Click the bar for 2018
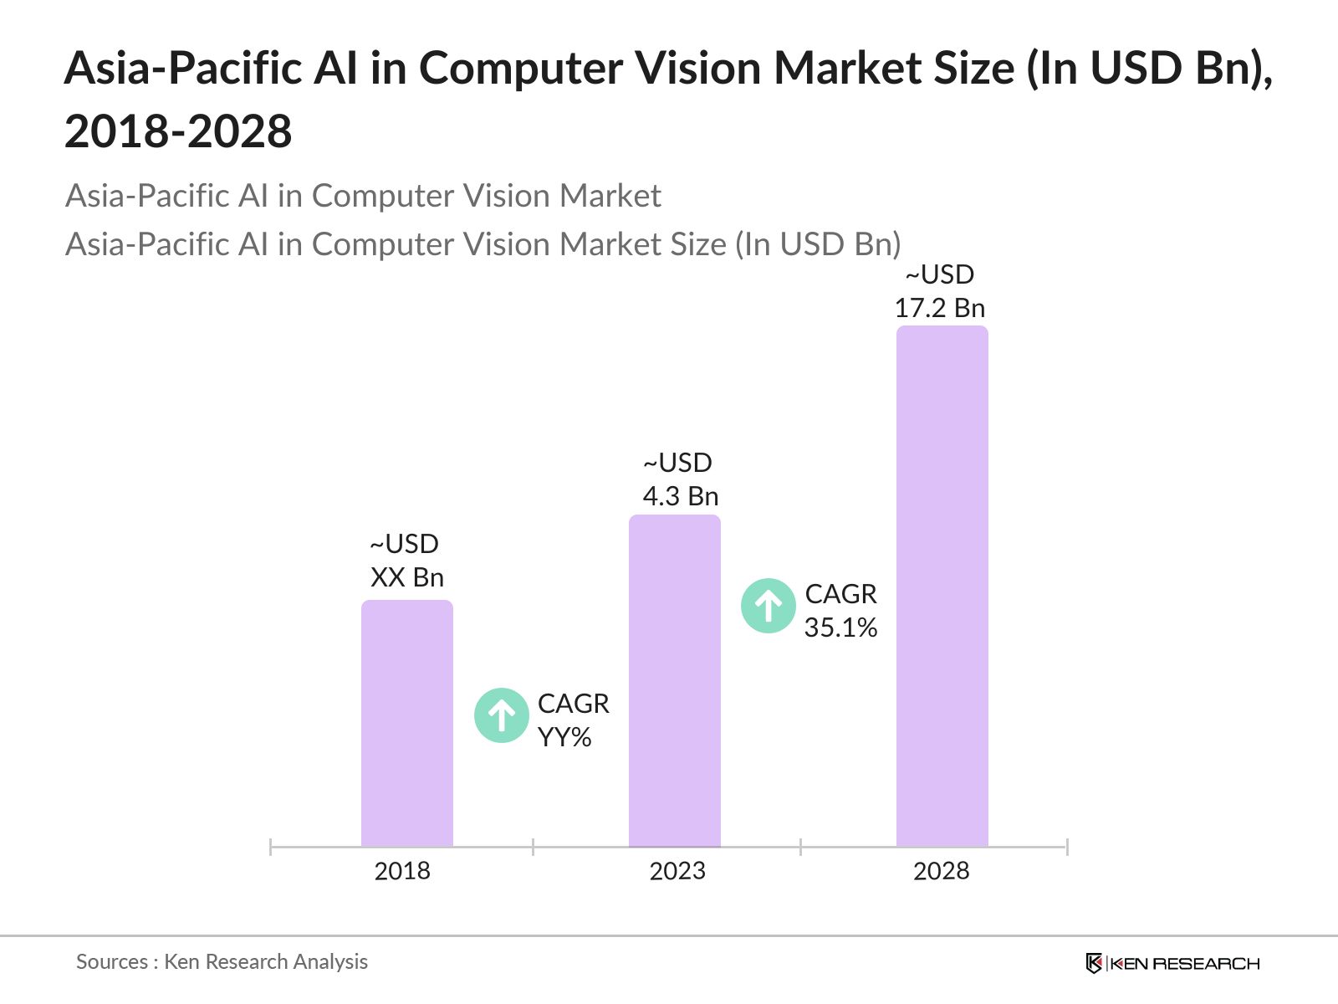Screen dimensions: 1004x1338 [407, 723]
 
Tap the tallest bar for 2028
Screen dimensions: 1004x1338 [942, 586]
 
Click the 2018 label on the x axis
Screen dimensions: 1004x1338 [402, 871]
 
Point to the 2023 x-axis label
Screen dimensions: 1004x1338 [677, 871]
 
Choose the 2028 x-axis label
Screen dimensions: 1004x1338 [942, 871]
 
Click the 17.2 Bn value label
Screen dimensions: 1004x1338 [940, 308]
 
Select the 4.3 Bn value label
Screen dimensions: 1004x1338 [680, 496]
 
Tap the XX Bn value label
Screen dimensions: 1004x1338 [406, 577]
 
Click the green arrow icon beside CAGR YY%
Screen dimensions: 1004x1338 [502, 715]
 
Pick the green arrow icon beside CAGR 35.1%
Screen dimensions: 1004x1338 [769, 606]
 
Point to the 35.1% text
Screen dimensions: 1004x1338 [840, 627]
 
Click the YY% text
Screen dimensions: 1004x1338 [564, 737]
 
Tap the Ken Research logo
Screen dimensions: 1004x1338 [1172, 963]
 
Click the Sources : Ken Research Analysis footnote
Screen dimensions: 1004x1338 [222, 961]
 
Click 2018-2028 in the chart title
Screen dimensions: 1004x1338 [178, 132]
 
